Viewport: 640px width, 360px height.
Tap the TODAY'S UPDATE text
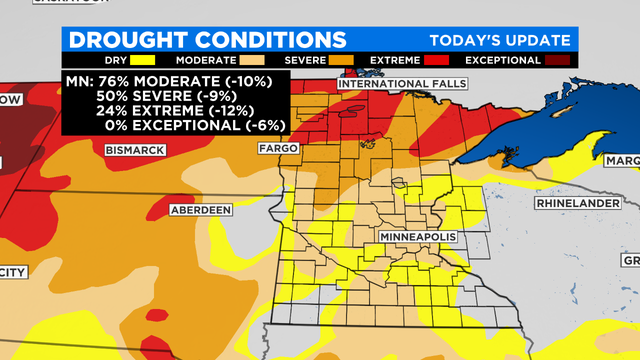click(500, 40)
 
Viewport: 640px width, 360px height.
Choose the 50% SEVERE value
click(112, 96)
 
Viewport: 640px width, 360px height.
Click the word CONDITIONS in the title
click(275, 40)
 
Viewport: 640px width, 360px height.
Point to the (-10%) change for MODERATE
click(258, 81)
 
